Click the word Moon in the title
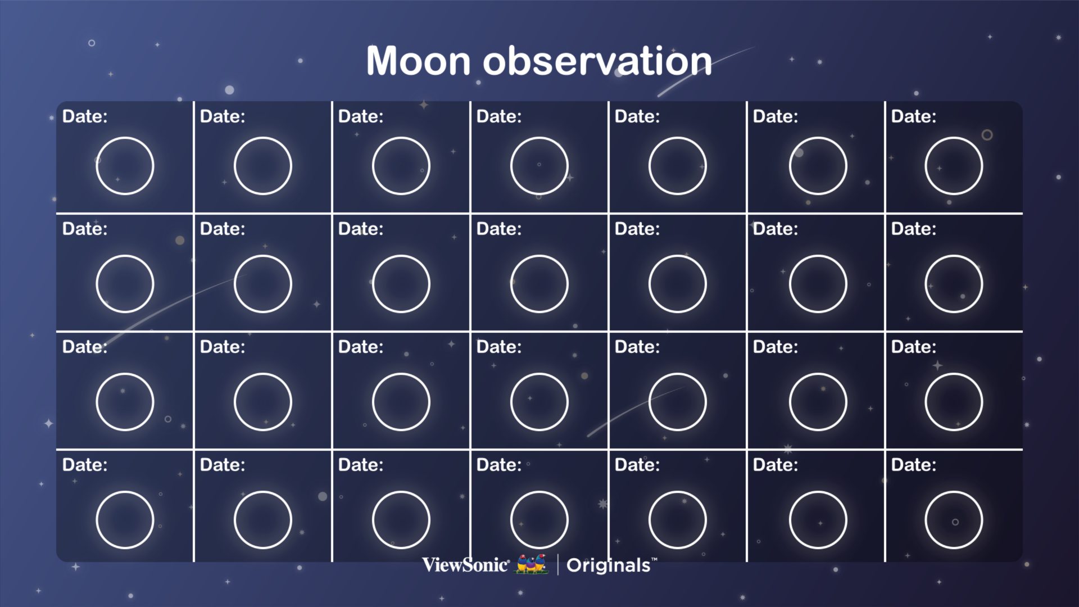[419, 61]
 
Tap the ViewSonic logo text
[466, 565]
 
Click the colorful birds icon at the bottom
[532, 564]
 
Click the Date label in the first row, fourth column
[499, 116]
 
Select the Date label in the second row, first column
[85, 229]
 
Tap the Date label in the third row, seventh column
[914, 347]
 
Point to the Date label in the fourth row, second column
[223, 465]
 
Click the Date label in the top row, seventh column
[914, 116]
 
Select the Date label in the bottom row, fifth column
[637, 465]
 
